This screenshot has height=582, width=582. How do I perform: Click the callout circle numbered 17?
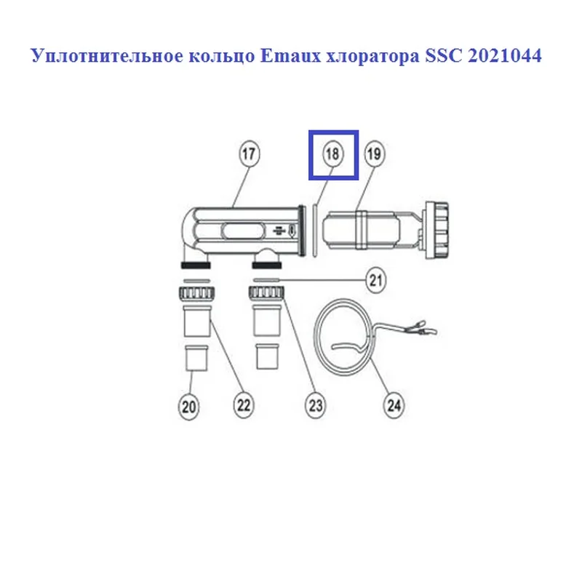tap(249, 154)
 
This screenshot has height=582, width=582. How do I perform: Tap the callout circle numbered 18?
tap(332, 154)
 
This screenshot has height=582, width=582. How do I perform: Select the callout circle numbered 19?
tap(374, 154)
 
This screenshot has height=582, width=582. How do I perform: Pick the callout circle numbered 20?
tap(189, 407)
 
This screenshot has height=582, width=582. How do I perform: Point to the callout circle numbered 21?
tap(376, 280)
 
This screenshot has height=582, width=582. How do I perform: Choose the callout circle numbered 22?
tap(244, 405)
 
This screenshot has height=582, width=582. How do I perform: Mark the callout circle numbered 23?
tap(316, 405)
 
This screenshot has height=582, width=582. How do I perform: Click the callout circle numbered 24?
tap(394, 405)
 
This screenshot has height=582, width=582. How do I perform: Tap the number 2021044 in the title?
tap(504, 56)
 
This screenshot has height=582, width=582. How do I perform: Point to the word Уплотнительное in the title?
tap(107, 57)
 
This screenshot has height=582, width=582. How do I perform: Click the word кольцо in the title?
tap(222, 57)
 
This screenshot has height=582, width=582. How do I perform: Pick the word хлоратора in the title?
tap(372, 57)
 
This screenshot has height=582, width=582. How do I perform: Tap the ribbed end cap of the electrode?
tap(436, 230)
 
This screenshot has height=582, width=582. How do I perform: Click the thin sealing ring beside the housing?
tap(314, 230)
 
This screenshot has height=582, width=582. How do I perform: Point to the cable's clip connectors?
tap(423, 327)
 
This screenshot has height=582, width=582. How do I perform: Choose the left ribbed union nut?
tap(196, 293)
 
